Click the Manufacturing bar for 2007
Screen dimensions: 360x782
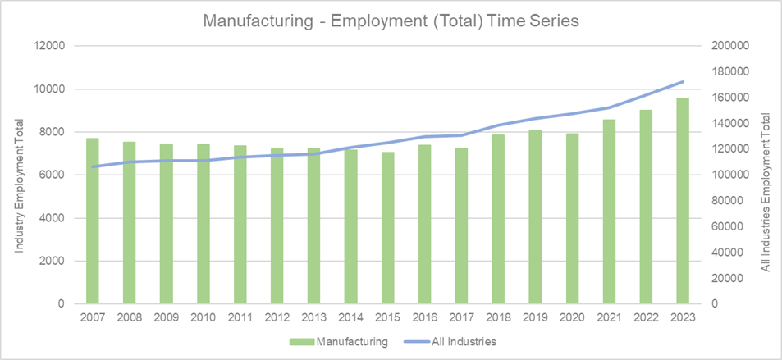pos(93,221)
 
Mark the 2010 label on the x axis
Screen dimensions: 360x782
pos(203,317)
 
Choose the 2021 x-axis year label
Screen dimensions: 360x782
pos(609,317)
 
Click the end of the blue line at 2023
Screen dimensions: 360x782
pos(683,82)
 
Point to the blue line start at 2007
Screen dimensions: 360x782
pos(93,166)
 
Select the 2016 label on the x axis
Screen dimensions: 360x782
pos(424,317)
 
